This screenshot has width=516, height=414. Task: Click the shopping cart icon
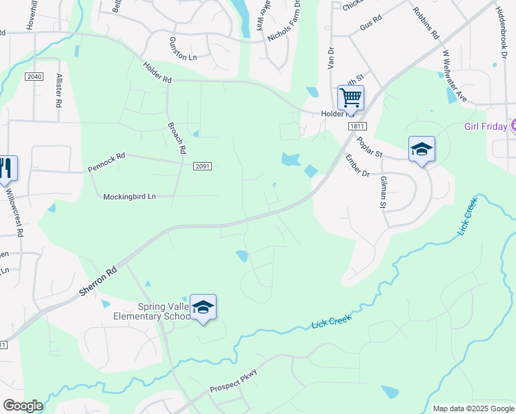pos(350,97)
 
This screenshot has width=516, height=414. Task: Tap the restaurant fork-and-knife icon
pos(6,168)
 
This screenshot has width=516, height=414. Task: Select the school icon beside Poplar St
pos(421,148)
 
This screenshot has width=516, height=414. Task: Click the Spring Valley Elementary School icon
pos(203,307)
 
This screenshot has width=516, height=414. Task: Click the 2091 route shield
pos(202,166)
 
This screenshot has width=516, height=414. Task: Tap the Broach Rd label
pos(177,138)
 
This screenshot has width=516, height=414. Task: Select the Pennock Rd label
pos(106,162)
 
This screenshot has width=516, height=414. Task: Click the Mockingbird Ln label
pos(130,197)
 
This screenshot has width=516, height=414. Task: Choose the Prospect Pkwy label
pos(234,382)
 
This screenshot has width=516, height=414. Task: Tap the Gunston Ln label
pos(183,49)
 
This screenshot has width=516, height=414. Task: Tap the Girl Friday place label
pos(485,126)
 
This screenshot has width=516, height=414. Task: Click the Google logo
pos(23,406)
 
